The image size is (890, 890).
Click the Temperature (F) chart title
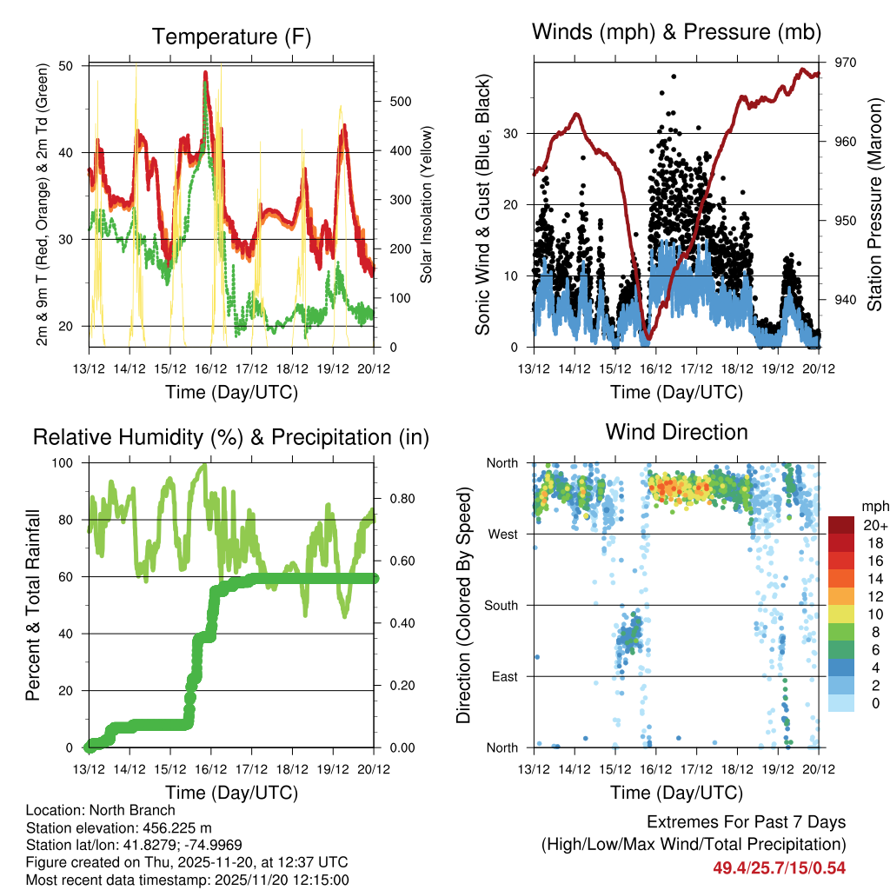[x=230, y=37]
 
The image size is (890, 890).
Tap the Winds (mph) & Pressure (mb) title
[x=676, y=32]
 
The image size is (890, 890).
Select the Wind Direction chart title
[x=676, y=431]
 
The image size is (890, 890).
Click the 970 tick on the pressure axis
[x=846, y=63]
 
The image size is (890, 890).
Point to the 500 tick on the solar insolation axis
[x=401, y=102]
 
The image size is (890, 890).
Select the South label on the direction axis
[x=500, y=605]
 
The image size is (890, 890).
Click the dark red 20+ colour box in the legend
[x=841, y=525]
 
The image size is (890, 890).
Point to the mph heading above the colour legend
[x=873, y=506]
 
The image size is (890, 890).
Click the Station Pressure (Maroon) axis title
[x=874, y=204]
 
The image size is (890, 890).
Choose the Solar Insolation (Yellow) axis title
[x=427, y=204]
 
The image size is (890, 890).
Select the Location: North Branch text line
[x=100, y=811]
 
